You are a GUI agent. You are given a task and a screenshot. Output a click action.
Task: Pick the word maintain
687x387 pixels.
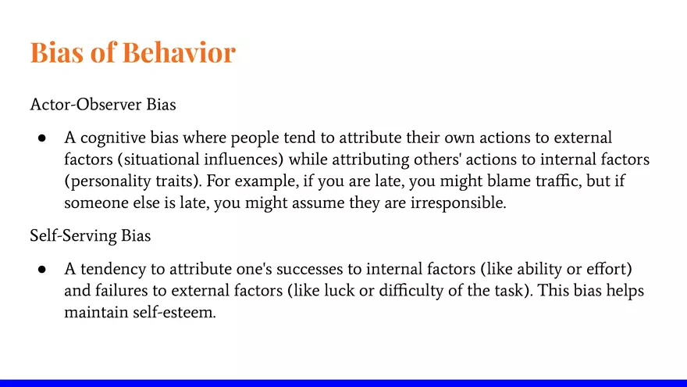(94, 311)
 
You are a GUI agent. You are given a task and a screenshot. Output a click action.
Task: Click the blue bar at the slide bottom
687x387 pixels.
(343, 382)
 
